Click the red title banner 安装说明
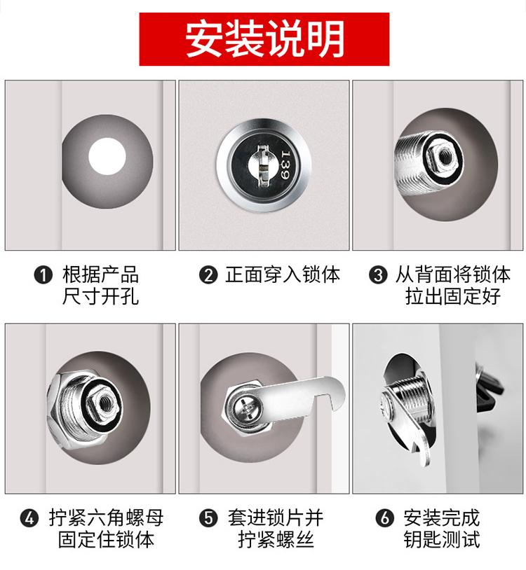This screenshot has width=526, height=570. pyautogui.click(x=264, y=39)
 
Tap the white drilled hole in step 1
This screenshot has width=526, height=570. pyautogui.click(x=107, y=156)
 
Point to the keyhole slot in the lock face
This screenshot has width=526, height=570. pyautogui.click(x=264, y=165)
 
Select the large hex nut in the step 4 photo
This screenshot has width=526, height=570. pyautogui.click(x=79, y=412)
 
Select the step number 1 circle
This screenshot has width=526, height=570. pyautogui.click(x=43, y=274)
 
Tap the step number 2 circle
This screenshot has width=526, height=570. pyautogui.click(x=208, y=274)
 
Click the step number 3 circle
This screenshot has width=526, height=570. pyautogui.click(x=378, y=274)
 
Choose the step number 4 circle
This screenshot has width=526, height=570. pyautogui.click(x=29, y=518)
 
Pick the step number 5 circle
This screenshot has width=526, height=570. pyautogui.click(x=208, y=518)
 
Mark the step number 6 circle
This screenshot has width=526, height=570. pyautogui.click(x=385, y=518)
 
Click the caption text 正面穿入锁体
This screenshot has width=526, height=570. pyautogui.click(x=283, y=274)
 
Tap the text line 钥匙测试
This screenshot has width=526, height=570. pyautogui.click(x=442, y=539)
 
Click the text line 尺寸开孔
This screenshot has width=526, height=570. pyautogui.click(x=100, y=296)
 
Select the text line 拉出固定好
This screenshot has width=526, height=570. pyautogui.click(x=453, y=296)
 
